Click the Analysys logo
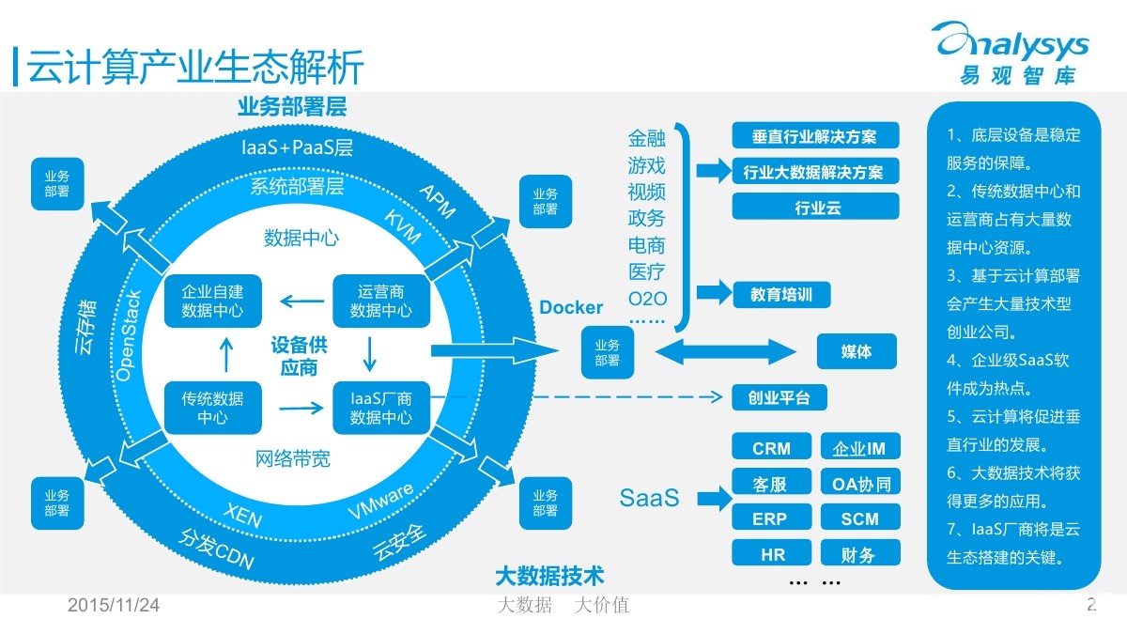coord(1012,53)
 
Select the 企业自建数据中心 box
coord(213,301)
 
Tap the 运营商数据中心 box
coord(381,301)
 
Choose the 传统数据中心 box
coord(213,408)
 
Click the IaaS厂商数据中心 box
coord(381,408)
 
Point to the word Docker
coord(571,307)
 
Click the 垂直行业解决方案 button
coord(815,136)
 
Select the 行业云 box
coord(815,207)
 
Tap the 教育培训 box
coord(781,294)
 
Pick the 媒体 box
coord(857,351)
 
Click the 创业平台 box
coord(780,397)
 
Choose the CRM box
coord(771,446)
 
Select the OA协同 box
coord(860,482)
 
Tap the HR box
coord(771,553)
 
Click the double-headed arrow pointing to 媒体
coord(725,351)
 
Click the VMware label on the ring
coord(381,500)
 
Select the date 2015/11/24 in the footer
coord(114,605)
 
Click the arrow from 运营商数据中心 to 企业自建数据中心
coord(301,302)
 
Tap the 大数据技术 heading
coord(549,576)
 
